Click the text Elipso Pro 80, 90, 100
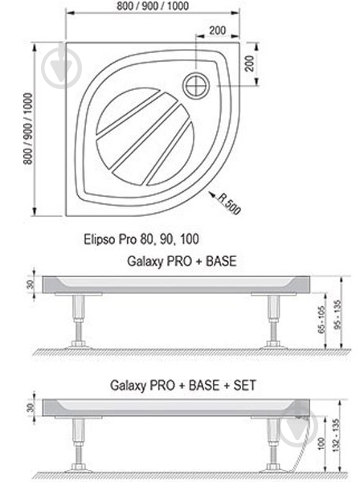(x=141, y=239)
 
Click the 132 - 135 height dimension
(x=346, y=438)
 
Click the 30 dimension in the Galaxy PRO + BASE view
(x=28, y=284)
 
